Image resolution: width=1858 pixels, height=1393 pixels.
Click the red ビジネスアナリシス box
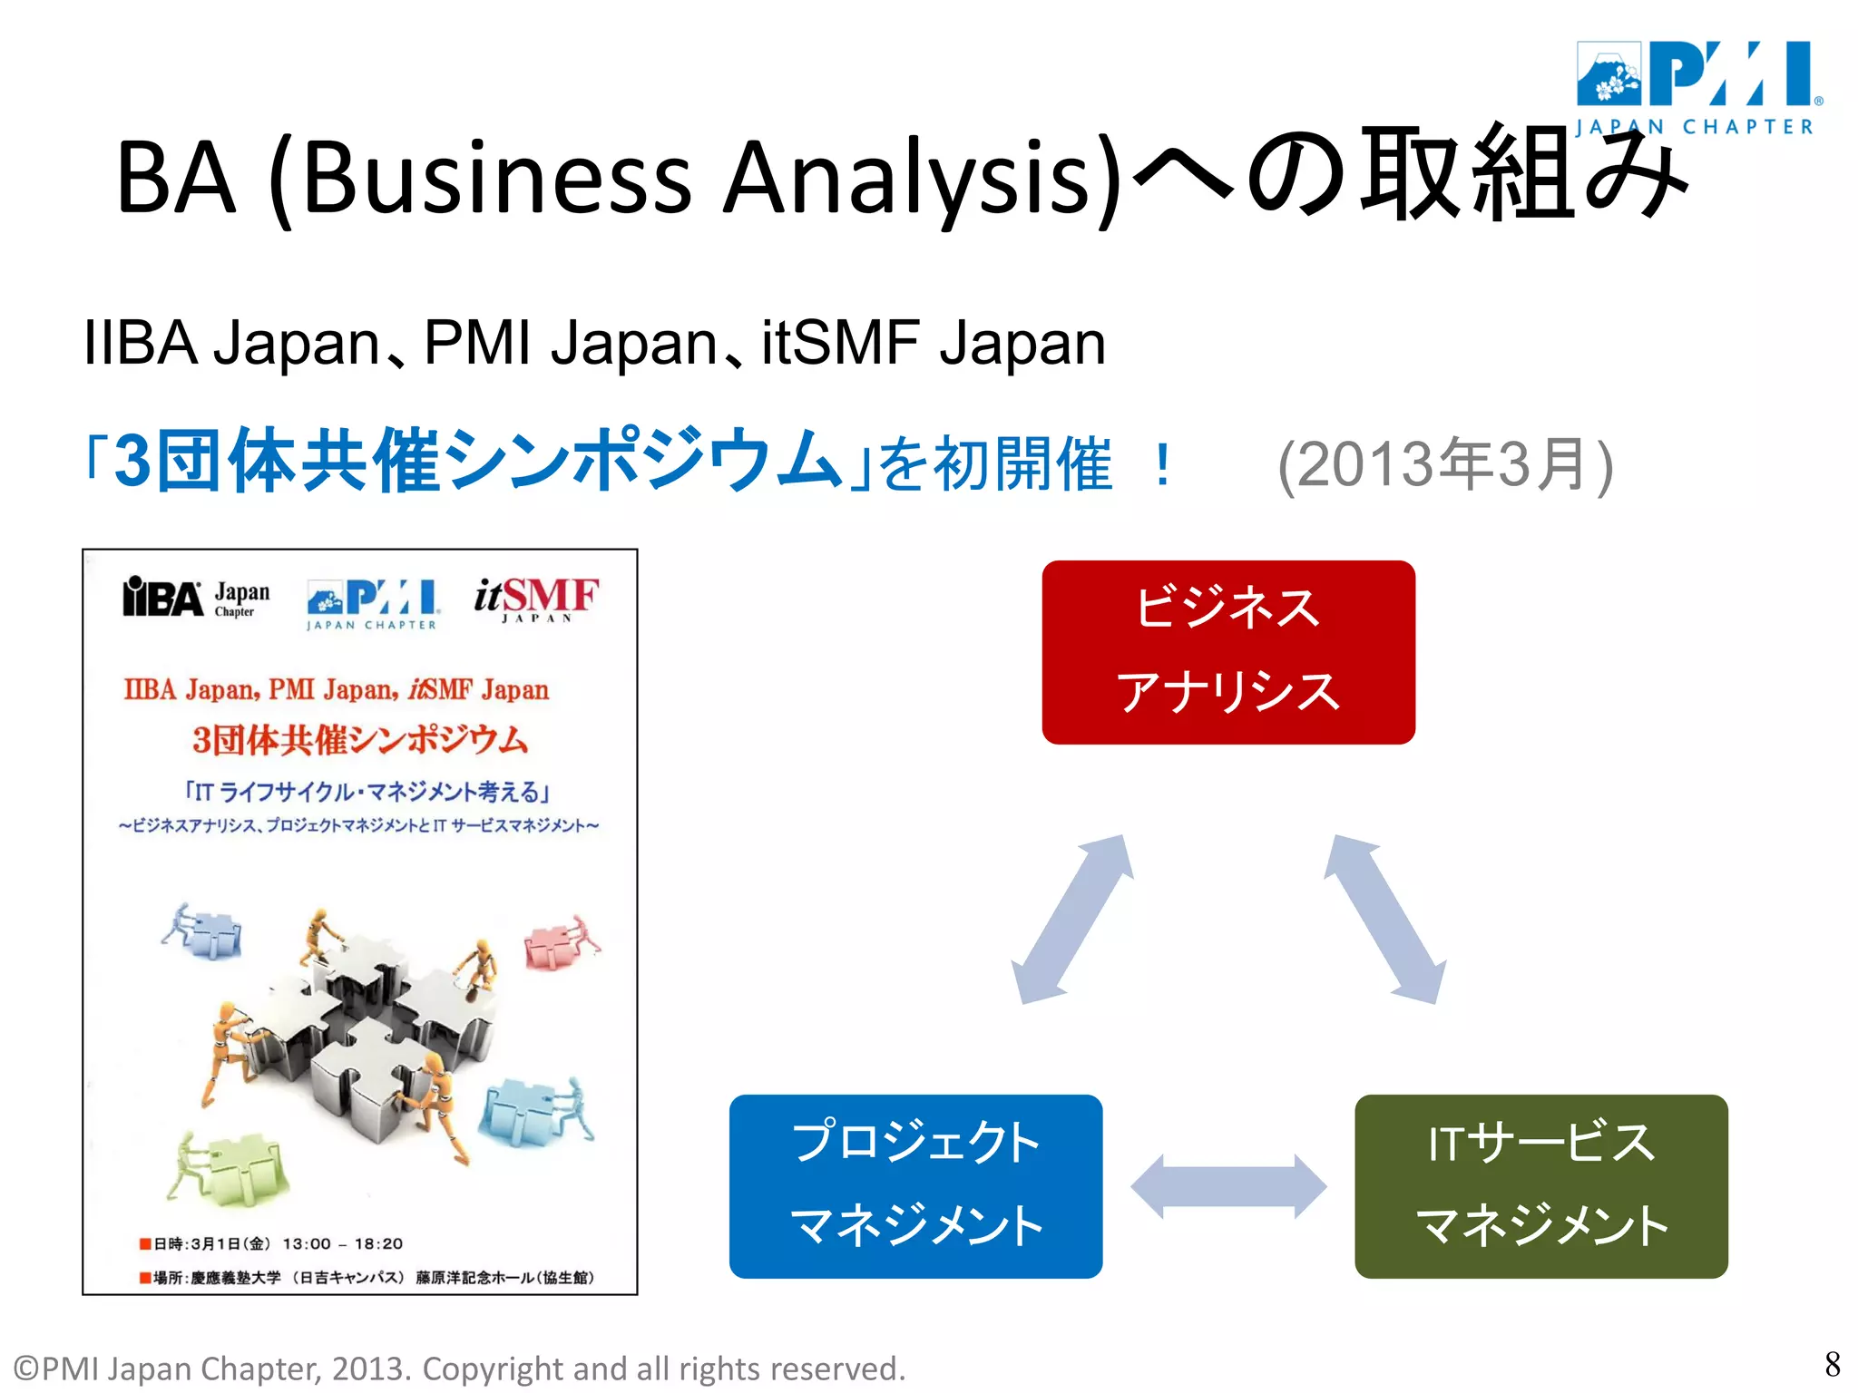[x=1228, y=652]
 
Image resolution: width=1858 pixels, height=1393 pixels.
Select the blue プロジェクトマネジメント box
[x=915, y=1185]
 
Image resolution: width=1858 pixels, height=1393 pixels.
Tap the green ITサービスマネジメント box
[x=1540, y=1185]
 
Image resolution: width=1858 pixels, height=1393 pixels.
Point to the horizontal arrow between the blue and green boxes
[x=1228, y=1185]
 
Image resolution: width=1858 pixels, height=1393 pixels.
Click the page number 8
[x=1832, y=1364]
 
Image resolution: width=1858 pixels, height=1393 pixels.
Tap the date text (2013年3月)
[x=1445, y=464]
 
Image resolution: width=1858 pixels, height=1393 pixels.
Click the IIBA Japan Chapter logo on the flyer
[x=196, y=598]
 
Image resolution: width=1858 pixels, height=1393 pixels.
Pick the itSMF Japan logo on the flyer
[x=535, y=599]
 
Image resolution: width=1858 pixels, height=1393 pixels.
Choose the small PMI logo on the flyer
[x=373, y=603]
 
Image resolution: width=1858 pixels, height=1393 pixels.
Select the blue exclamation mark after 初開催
[x=1162, y=464]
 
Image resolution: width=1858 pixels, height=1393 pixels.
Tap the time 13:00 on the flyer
[x=307, y=1243]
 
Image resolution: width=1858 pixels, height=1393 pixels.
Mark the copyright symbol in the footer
[x=26, y=1369]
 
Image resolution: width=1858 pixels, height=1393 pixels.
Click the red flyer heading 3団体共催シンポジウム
[x=359, y=740]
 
